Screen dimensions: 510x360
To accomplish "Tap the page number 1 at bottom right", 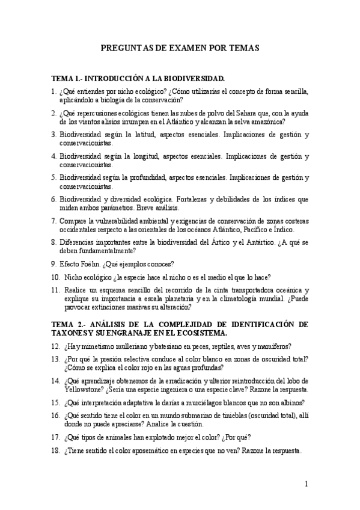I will [x=306, y=484].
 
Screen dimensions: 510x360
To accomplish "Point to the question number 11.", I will [x=55, y=290].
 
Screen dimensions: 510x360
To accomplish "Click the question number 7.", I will [x=53, y=221].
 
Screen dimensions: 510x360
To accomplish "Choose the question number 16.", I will [x=55, y=415].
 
